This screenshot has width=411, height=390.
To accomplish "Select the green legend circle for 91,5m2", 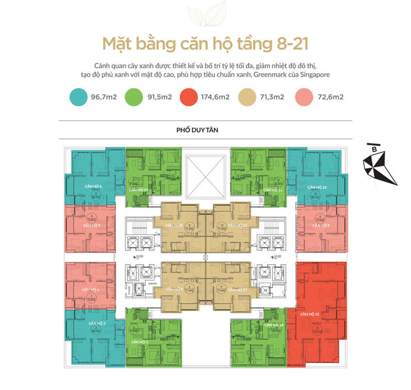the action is [x=134, y=97].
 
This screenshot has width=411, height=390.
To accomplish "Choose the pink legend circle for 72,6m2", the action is [x=304, y=97].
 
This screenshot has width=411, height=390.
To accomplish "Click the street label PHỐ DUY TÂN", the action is [x=205, y=131].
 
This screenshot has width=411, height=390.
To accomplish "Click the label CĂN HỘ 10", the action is [x=317, y=187].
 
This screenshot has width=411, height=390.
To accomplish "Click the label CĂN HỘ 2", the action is [x=97, y=323].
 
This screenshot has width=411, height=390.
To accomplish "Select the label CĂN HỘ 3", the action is [x=140, y=342].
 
